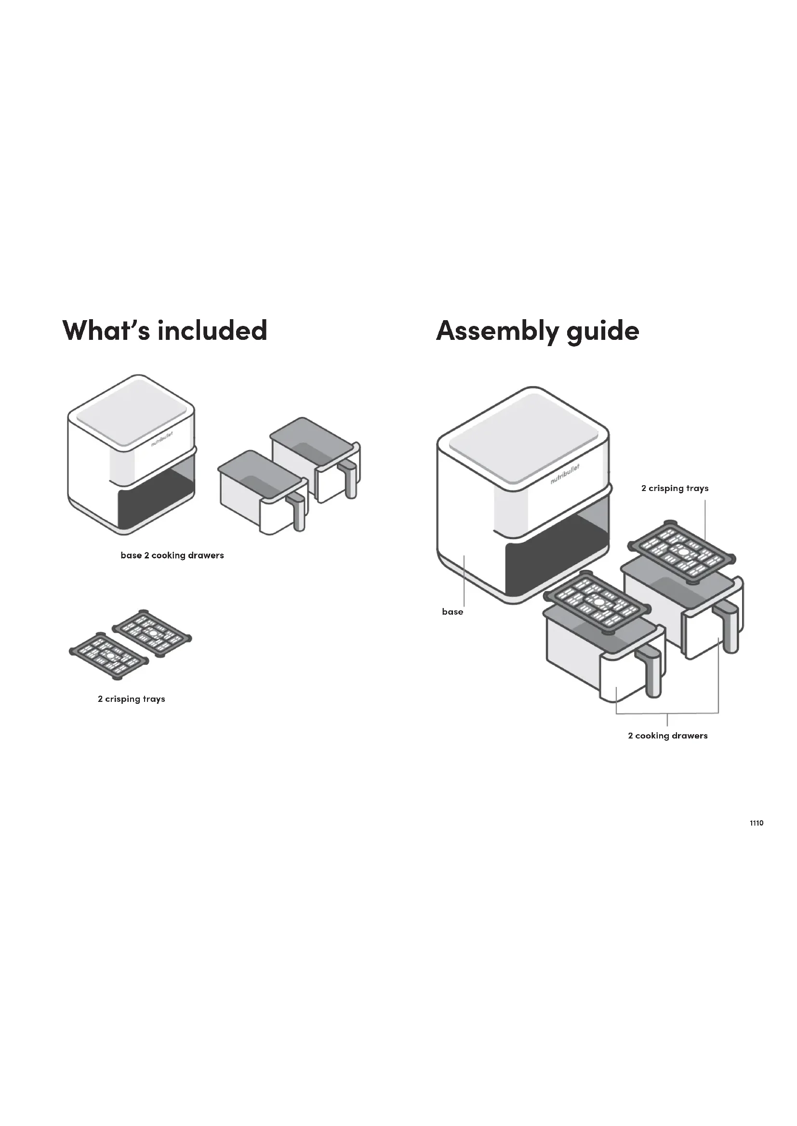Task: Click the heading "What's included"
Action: pyautogui.click(x=165, y=330)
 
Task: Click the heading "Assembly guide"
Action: pyautogui.click(x=537, y=331)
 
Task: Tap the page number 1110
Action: pyautogui.click(x=756, y=823)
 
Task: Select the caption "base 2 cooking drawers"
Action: pyautogui.click(x=172, y=555)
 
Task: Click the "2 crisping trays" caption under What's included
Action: pyautogui.click(x=132, y=699)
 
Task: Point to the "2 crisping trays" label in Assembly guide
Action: pyautogui.click(x=675, y=488)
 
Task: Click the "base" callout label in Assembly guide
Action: pyautogui.click(x=452, y=611)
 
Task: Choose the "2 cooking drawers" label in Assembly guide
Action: pyautogui.click(x=667, y=736)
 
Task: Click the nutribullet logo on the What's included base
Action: pyautogui.click(x=162, y=439)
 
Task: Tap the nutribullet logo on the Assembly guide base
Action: pyautogui.click(x=565, y=474)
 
